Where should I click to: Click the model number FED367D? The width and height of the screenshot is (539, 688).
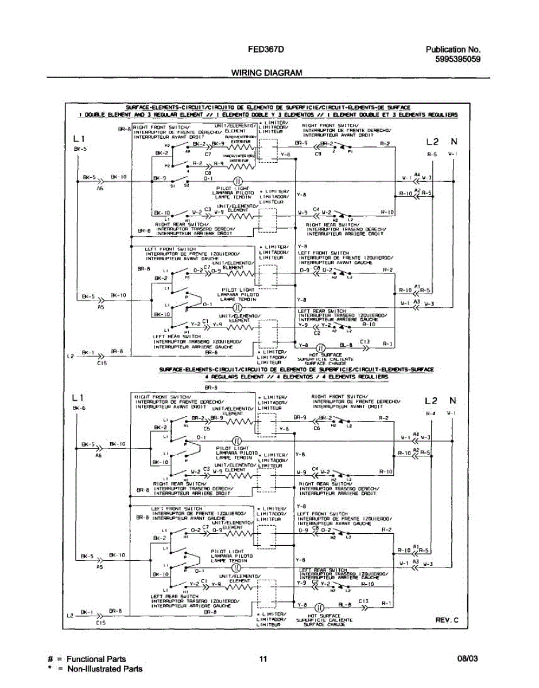[x=266, y=49]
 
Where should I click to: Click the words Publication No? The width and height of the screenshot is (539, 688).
[x=453, y=49]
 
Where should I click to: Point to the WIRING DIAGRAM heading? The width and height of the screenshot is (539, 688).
[x=266, y=73]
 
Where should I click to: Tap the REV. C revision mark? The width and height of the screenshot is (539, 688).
[x=447, y=620]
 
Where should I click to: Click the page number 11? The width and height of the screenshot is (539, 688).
[x=263, y=659]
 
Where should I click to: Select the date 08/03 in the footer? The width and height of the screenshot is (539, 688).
[x=467, y=659]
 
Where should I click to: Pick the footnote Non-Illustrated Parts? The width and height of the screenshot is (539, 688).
[x=104, y=669]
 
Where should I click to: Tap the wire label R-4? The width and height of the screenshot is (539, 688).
[x=431, y=413]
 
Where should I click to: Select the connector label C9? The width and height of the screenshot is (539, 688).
[x=317, y=154]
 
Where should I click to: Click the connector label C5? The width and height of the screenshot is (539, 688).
[x=206, y=428]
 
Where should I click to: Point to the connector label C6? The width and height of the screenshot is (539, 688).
[x=316, y=428]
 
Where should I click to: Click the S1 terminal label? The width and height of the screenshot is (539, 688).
[x=172, y=185]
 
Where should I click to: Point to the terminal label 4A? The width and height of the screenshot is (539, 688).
[x=187, y=151]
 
